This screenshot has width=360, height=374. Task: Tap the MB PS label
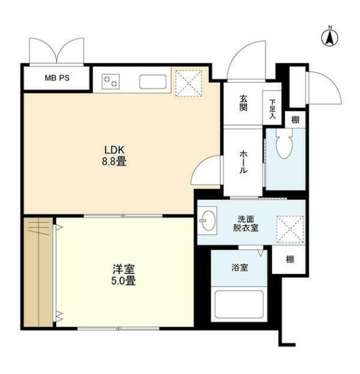tap(57, 79)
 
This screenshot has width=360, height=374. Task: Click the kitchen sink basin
tap(152, 81)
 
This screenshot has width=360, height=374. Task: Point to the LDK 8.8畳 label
tap(116, 154)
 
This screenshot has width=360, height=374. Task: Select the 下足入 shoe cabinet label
tap(272, 108)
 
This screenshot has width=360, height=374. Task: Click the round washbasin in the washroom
tap(209, 220)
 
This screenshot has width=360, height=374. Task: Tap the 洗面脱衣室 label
tap(246, 224)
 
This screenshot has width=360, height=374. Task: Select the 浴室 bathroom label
tap(240, 268)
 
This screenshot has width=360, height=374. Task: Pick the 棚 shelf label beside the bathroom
tap(290, 260)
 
